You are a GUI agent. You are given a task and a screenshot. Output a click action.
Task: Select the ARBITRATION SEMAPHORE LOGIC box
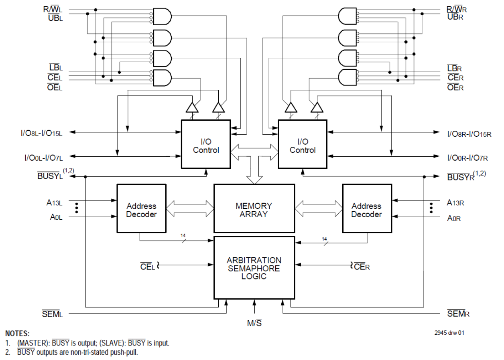point(254,268)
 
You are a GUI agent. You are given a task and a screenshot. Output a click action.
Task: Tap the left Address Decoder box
point(141,208)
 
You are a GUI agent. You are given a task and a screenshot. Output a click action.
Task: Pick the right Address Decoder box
point(366,208)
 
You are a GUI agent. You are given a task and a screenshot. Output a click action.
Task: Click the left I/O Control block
point(206,144)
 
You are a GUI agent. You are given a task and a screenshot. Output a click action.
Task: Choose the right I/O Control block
point(303,144)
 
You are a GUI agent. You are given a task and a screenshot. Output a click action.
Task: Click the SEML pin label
point(53,314)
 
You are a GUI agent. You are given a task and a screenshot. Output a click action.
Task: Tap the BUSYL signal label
point(50,176)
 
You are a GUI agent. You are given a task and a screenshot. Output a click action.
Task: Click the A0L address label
point(55,217)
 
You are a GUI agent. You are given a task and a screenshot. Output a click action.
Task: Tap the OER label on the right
point(455,87)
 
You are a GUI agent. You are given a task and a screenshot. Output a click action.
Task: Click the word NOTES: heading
point(17,334)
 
